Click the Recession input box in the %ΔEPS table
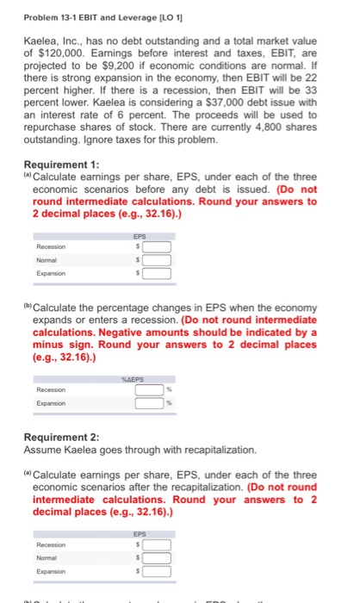148,388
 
